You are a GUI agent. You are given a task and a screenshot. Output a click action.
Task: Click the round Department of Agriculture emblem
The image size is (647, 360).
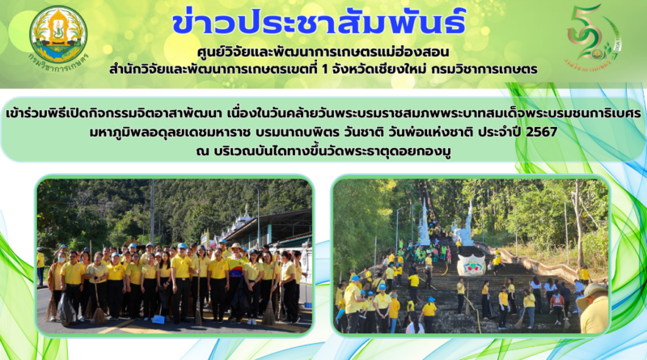click(x=58, y=34)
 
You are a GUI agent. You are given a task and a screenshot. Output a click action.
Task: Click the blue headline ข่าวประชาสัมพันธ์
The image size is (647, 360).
click(x=319, y=21)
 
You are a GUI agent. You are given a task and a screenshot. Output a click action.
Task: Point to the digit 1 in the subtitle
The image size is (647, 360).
click(x=324, y=70)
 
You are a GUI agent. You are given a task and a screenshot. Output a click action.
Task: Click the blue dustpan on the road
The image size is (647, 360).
click(x=159, y=318)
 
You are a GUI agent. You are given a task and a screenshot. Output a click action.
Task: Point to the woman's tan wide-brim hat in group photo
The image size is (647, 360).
click(x=236, y=247)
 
